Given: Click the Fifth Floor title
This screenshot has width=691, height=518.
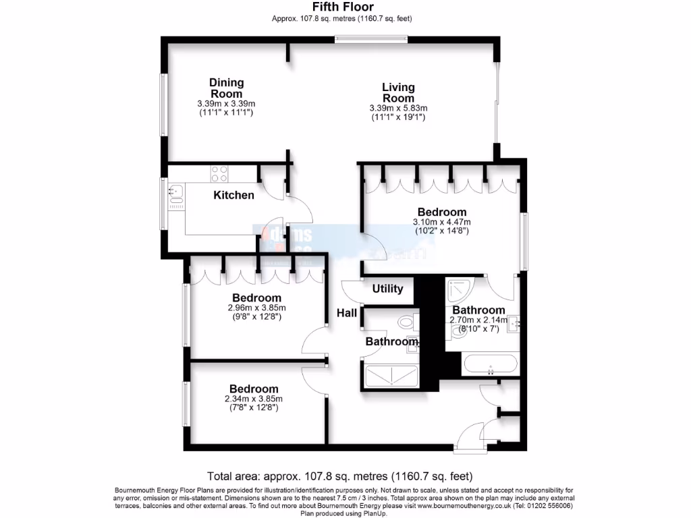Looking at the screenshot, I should pos(342,7).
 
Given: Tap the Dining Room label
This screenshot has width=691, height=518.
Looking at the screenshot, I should pos(226,88).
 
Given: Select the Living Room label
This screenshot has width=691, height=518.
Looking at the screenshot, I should pos(398,92).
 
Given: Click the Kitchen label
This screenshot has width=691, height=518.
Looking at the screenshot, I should pos(233,195).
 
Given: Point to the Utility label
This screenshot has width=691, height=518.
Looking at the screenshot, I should pos(387,289).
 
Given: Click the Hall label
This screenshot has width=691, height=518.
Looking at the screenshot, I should pos(347,312).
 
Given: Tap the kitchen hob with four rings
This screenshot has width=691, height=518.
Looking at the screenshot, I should pos(220,173).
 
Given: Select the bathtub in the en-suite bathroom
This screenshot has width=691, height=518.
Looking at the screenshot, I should pos(491,365).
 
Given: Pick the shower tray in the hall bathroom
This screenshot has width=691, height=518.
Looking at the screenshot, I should pos(391,374).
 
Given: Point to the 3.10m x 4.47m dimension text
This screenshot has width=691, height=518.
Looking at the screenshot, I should pos(442,222).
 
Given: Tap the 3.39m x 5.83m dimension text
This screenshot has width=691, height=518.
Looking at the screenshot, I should pos(398,108).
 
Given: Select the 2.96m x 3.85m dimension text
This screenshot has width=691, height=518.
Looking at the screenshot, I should pos(256,308).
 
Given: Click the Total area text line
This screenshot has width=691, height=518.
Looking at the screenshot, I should pos(344,475).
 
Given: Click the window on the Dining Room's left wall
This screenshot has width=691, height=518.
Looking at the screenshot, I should pos(163,105).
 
